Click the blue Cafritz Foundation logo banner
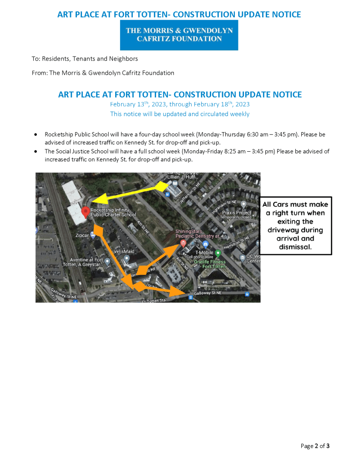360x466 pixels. coord(179,35)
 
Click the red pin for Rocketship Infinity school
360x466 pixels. coord(85,212)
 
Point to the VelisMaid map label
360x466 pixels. coord(124,251)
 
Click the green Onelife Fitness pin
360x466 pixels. coord(218,253)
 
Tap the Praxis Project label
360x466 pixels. coord(236,213)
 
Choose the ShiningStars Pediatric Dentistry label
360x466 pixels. coord(198,234)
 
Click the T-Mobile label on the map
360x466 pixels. coord(204,252)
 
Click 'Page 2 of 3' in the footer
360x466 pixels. coord(315,446)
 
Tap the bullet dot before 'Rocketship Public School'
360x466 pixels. coord(35,135)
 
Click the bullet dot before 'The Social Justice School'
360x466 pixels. coord(35,151)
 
